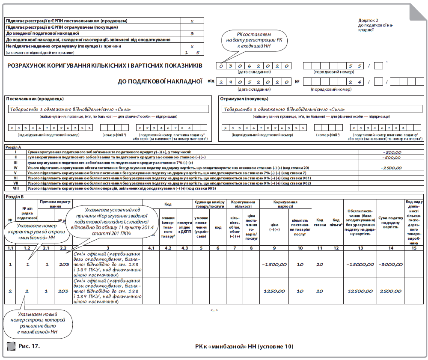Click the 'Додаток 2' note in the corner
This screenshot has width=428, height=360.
[x=368, y=20]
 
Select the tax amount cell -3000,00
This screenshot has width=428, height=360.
[x=390, y=265]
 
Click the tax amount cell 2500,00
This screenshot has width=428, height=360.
[x=390, y=291]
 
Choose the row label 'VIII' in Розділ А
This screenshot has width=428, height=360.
[x=15, y=188]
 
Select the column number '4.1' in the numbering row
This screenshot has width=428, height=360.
[x=151, y=248]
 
